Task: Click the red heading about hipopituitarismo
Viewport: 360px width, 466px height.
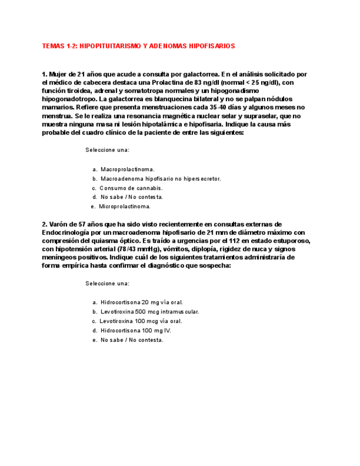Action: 139,46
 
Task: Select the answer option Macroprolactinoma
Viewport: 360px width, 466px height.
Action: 127,170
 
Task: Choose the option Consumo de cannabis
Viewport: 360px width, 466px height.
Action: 132,188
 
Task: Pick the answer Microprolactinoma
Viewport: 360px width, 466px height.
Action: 125,207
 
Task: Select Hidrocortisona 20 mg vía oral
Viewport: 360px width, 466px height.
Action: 141,302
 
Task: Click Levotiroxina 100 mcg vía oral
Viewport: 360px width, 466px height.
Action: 141,321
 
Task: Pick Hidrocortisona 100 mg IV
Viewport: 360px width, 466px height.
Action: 136,330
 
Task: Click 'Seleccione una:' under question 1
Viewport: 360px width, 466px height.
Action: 108,150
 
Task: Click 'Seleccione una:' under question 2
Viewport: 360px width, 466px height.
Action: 108,284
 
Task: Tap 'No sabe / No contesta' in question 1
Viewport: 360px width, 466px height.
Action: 131,197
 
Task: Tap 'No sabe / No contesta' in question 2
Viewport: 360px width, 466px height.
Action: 132,340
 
